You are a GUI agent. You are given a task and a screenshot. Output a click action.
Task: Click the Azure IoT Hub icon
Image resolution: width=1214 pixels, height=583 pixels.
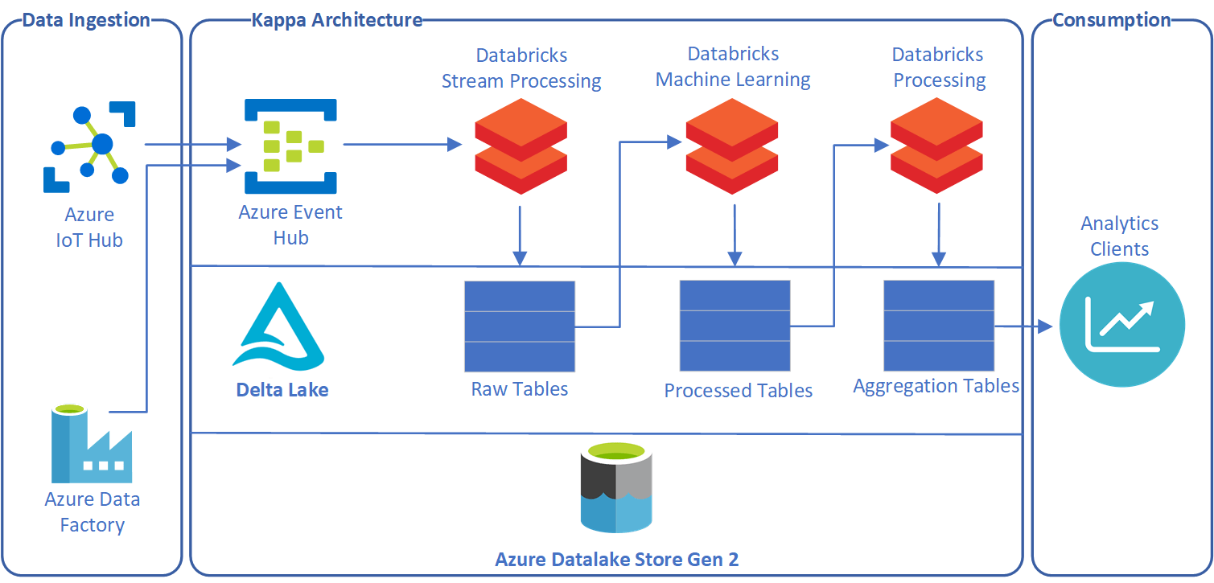89,146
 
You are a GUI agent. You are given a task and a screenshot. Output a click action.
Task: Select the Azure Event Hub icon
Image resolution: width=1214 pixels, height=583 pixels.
290,146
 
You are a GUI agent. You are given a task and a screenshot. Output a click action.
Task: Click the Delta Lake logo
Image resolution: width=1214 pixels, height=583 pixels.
278,326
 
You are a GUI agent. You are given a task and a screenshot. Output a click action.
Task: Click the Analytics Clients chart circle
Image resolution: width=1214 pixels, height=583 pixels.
1122,326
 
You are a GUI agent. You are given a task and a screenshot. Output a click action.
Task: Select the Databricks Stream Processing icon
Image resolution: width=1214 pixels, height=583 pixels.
521,146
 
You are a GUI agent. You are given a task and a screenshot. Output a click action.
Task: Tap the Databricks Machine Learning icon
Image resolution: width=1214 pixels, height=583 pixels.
732,146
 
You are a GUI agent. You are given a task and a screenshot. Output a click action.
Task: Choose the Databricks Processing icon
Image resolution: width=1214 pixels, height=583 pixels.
936,146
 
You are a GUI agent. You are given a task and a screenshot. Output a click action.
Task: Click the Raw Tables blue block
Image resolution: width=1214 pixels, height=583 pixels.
520,326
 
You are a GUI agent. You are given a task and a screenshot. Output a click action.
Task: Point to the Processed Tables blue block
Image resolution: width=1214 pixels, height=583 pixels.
735,326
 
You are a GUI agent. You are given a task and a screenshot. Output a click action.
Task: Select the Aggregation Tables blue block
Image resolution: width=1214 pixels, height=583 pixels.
939,326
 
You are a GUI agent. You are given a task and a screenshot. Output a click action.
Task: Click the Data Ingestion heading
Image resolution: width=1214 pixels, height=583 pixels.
86,20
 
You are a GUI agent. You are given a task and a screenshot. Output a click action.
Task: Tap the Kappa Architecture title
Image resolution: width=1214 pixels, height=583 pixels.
337,20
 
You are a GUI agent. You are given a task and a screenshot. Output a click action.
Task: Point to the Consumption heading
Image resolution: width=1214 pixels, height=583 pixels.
1112,20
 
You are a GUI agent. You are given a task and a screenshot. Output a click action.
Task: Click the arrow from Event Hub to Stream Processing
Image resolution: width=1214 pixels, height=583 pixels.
402,145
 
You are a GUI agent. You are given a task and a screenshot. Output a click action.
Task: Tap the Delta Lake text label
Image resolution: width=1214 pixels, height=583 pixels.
282,390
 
